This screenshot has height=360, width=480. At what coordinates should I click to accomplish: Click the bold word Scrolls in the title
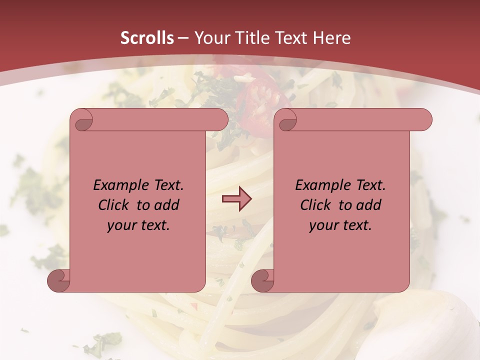coord(147,37)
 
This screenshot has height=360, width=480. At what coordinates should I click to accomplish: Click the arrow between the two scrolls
coord(236,199)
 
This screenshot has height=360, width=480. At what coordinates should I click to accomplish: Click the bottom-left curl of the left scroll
coord(59,281)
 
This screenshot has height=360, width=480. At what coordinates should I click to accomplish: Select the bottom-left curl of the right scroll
coord(262,281)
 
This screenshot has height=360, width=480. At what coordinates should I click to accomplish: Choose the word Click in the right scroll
coord(316,205)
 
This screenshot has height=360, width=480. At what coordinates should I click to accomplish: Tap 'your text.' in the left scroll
coord(138,225)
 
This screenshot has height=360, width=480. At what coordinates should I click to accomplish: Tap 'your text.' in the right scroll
coord(340,225)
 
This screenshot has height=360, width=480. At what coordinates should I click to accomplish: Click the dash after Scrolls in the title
coord(183,38)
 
